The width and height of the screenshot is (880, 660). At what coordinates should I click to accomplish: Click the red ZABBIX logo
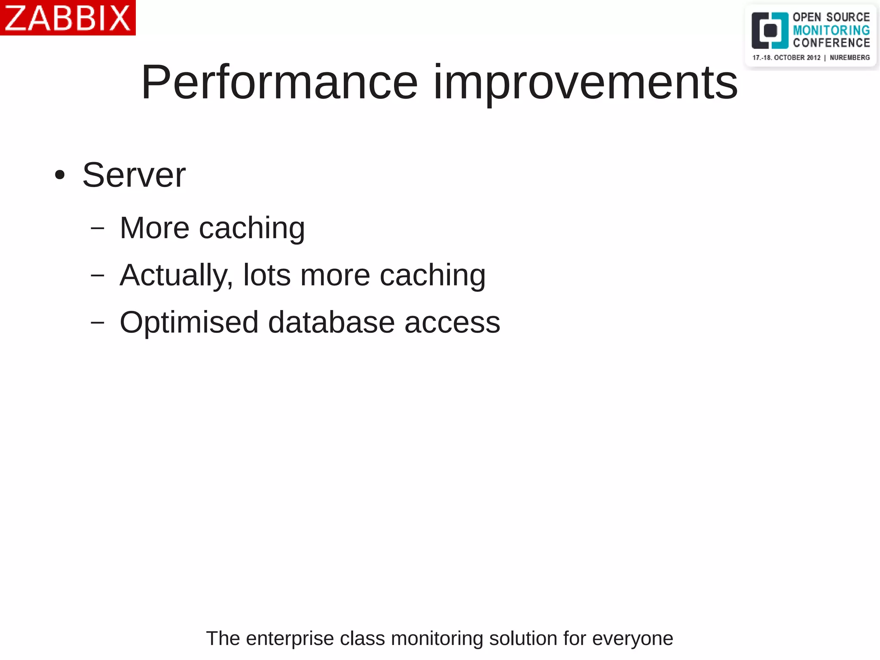coord(67,18)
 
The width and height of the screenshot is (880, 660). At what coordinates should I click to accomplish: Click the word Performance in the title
coord(279,82)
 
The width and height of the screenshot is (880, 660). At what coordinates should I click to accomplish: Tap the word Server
coord(134,175)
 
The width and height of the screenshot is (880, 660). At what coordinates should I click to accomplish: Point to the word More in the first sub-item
coord(154,228)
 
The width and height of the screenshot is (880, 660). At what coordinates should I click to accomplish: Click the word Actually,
coord(176,275)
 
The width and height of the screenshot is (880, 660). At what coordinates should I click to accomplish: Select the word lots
coord(267,275)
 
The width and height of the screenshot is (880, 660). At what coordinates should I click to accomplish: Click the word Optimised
coord(189,322)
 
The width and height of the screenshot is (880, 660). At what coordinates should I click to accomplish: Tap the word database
coord(331,322)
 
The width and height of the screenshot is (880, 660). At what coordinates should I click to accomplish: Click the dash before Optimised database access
coord(98,322)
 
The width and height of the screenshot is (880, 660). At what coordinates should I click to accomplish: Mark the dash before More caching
coord(98,228)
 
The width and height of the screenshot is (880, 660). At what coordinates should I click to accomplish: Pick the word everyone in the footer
coord(632,639)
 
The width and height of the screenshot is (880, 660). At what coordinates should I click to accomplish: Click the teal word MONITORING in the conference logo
coord(831,30)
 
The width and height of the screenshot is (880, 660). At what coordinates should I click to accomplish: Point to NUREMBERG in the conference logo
coord(849,58)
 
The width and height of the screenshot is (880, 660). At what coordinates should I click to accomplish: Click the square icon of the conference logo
coord(770,31)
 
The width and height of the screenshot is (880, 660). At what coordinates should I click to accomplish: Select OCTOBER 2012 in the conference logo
coord(797,58)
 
